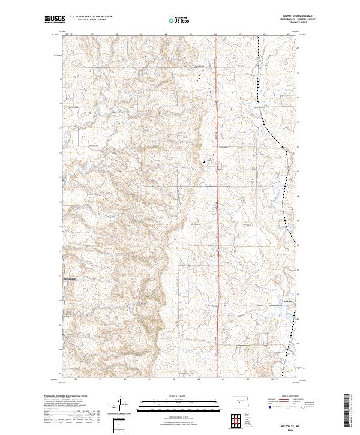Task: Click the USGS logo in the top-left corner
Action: [x=56, y=20]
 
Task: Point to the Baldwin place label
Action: [x=289, y=302]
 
